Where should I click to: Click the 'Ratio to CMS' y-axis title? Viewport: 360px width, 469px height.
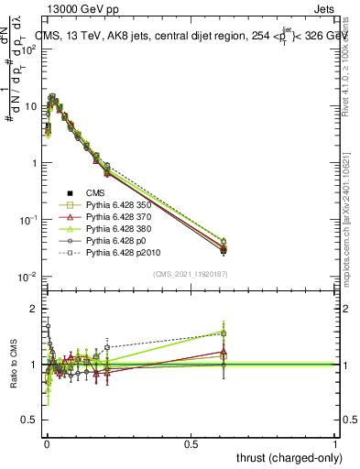pyautogui.click(x=15, y=365)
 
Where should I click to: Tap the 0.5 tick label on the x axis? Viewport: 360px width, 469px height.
pyautogui.click(x=191, y=443)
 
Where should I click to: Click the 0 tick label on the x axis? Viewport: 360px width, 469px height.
pyautogui.click(x=47, y=443)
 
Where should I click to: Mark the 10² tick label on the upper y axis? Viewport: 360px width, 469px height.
pyautogui.click(x=28, y=49)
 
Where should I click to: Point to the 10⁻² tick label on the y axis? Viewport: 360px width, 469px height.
pyautogui.click(x=27, y=277)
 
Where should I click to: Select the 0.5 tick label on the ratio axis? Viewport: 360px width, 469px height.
pyautogui.click(x=29, y=420)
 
